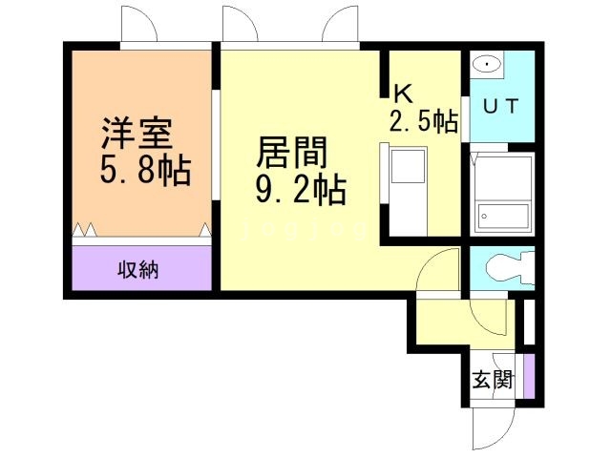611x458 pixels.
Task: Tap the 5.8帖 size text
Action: pos(145,172)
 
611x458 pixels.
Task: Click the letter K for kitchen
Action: pos(403,94)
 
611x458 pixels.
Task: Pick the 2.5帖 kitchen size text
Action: pos(423,121)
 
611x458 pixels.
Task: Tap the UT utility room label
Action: pos(500,107)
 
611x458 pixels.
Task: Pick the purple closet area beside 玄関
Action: pos(528,377)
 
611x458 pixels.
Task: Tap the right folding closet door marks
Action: pos(205,229)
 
